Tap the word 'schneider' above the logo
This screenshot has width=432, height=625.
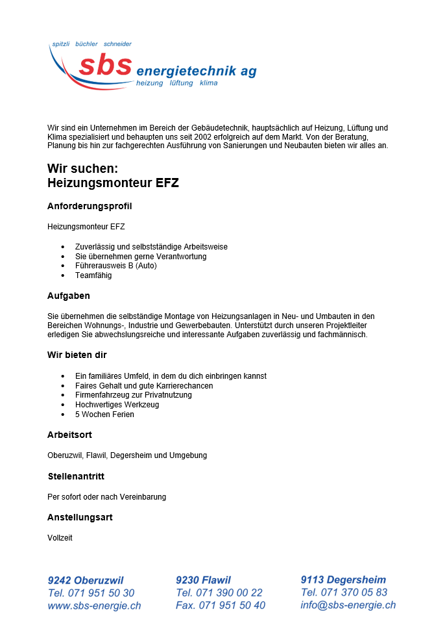click(117, 44)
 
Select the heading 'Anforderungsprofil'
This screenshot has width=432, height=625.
click(90, 206)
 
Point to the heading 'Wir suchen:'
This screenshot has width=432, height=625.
click(82, 169)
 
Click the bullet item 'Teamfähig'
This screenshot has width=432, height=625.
click(93, 275)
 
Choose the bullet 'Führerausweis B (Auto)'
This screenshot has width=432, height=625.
click(115, 266)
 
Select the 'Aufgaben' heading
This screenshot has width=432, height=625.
click(69, 296)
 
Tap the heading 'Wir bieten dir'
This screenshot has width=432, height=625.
click(77, 355)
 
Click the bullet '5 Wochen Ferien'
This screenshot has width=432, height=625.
click(104, 414)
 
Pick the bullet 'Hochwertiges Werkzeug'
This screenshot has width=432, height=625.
click(117, 404)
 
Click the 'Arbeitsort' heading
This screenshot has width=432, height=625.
click(71, 435)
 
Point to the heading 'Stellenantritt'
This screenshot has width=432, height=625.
click(76, 476)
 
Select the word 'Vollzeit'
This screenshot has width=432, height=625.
click(60, 538)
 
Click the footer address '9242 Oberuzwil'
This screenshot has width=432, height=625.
click(86, 580)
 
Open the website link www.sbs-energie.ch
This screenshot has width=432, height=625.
click(94, 606)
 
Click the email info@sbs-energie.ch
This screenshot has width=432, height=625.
click(348, 605)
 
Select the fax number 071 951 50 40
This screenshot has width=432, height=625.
click(232, 606)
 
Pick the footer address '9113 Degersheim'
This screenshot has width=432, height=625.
click(343, 580)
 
